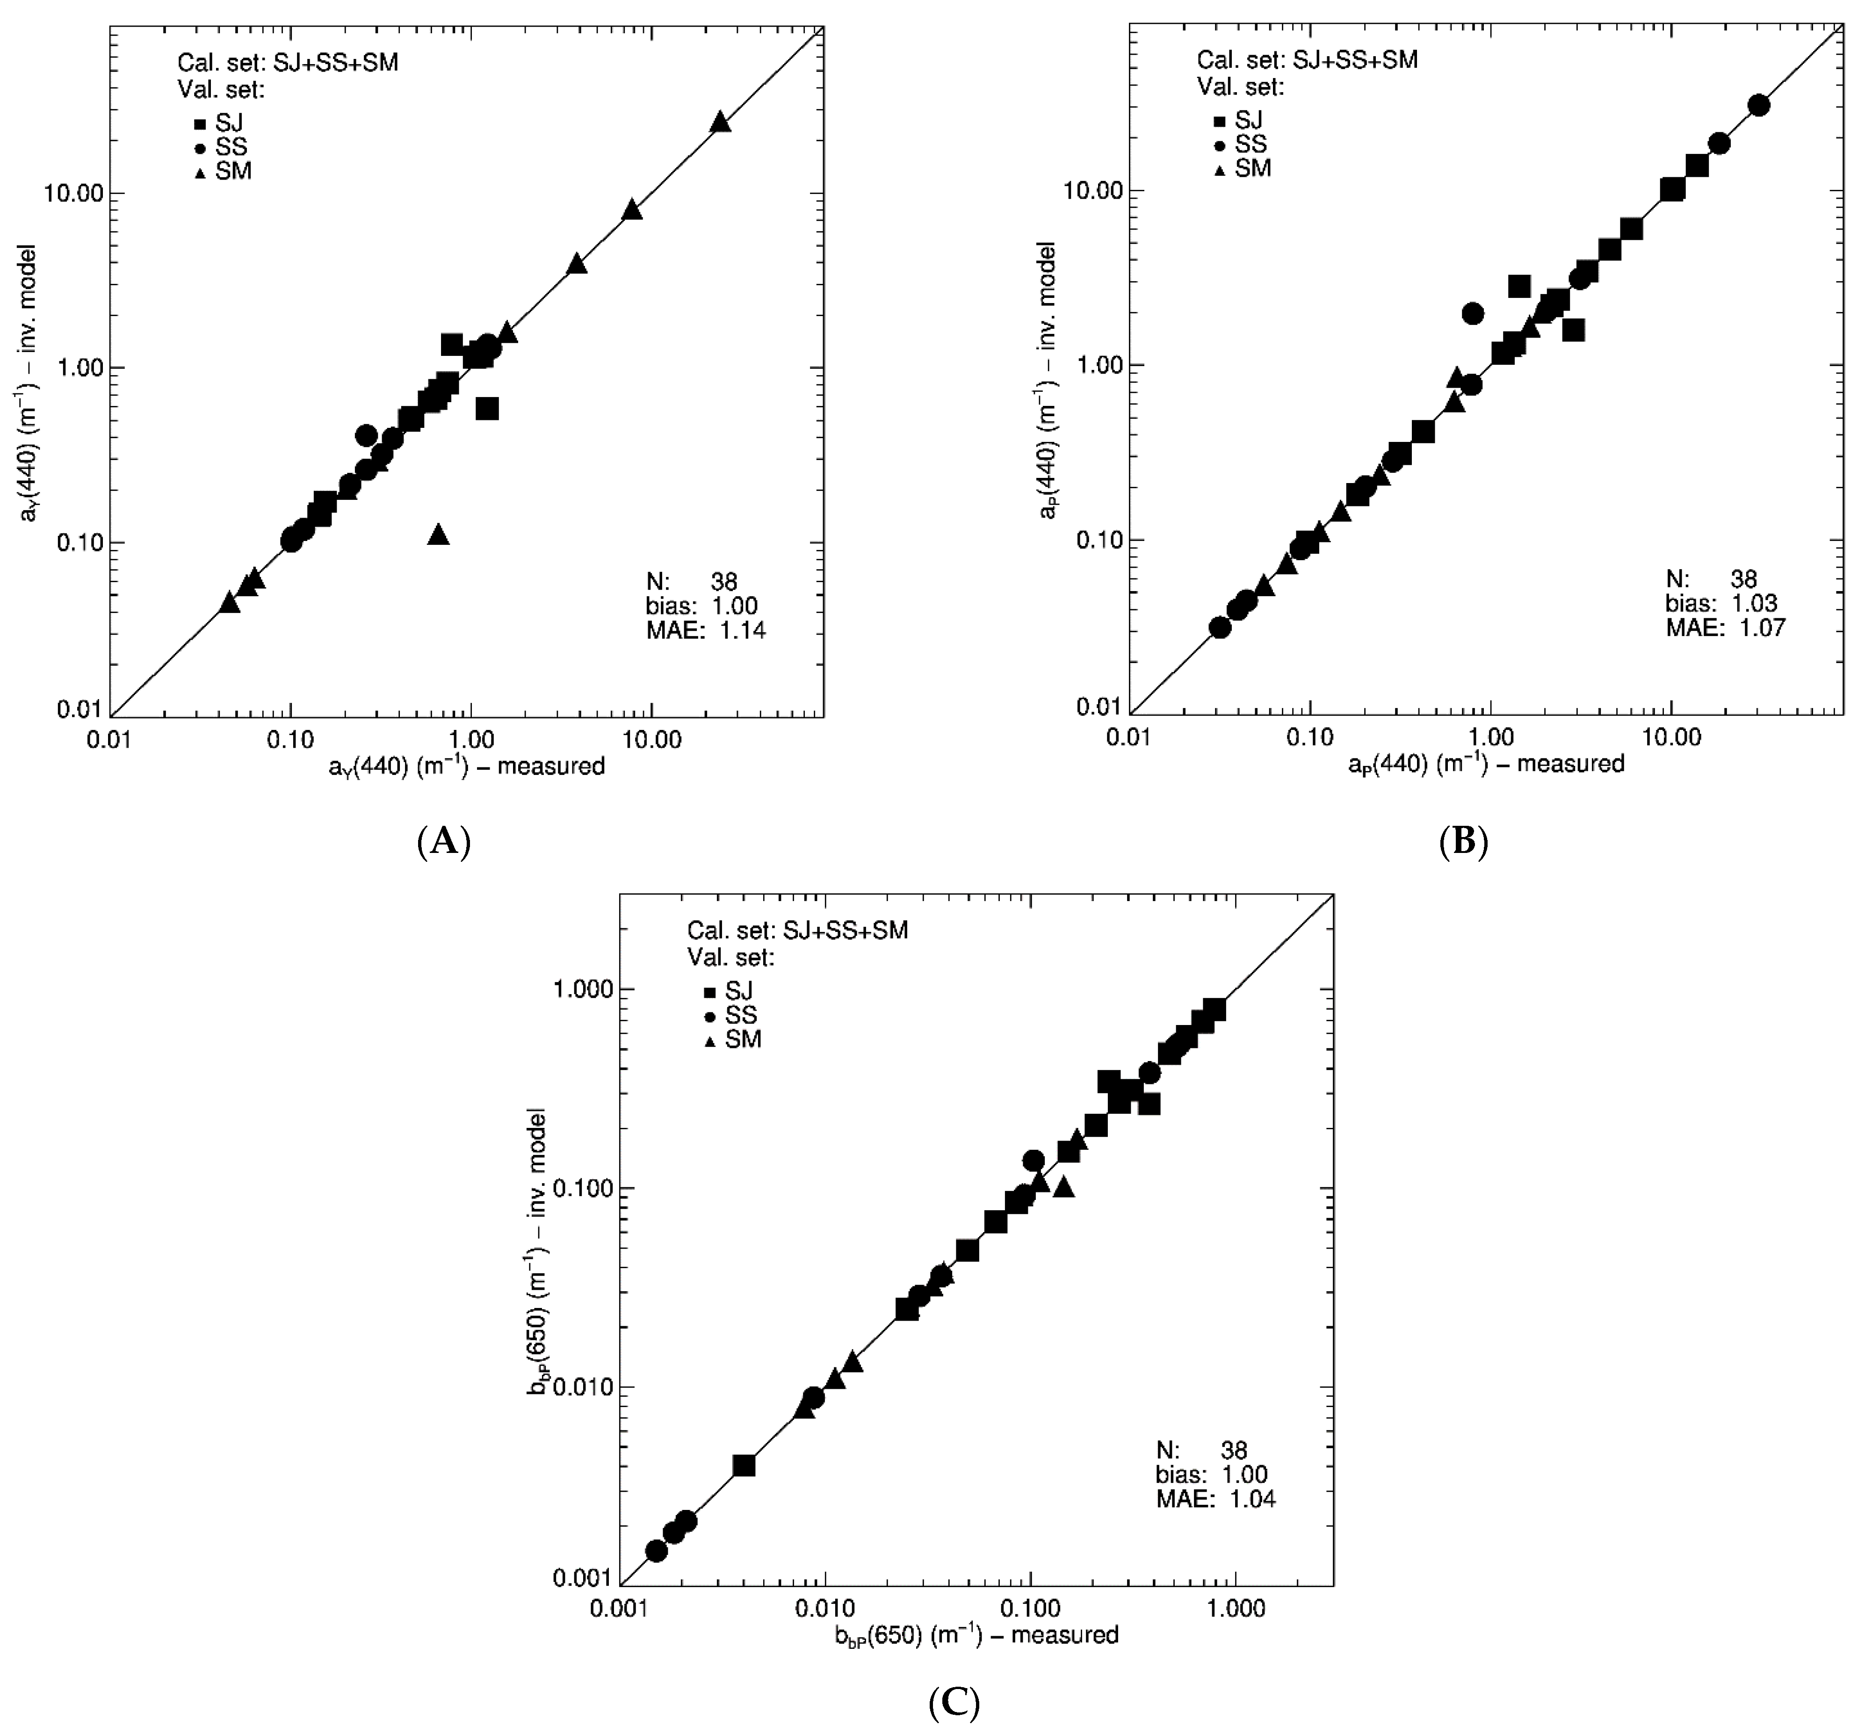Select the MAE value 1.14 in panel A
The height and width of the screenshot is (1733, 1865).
(x=743, y=630)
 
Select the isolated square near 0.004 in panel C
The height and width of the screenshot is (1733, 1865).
(x=744, y=1465)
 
